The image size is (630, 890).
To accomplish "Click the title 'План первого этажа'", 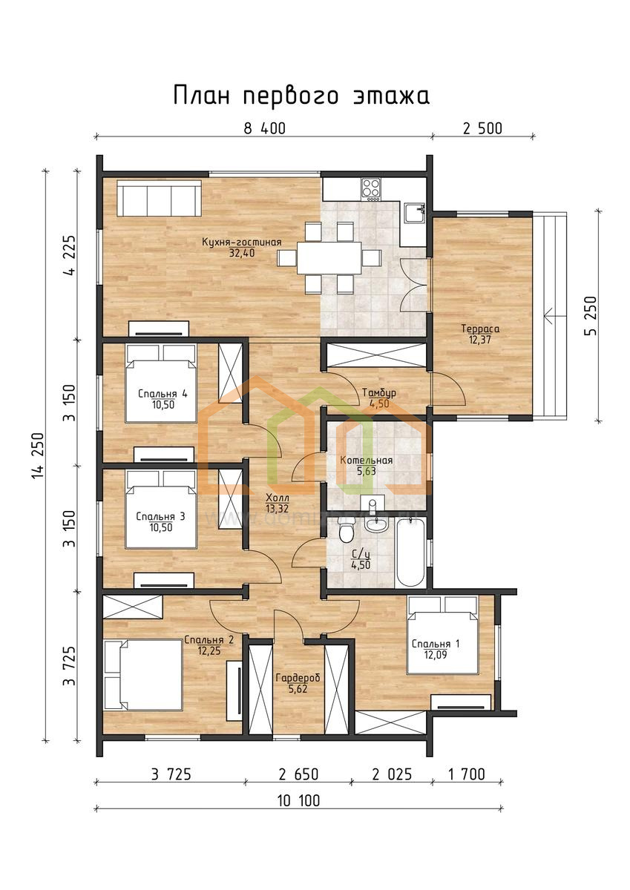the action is (x=301, y=96).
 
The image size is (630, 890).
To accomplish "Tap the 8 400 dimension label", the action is (x=264, y=129).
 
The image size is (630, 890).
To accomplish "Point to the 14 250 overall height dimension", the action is (x=38, y=455).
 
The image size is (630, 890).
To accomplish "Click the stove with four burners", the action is (x=371, y=188).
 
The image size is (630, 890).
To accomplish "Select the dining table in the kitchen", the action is (x=329, y=257).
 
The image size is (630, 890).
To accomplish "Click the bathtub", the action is (x=410, y=552).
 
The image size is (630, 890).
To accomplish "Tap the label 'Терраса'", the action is (x=480, y=329).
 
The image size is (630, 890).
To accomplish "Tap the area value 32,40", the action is (x=242, y=253).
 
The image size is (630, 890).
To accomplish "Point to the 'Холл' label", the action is (x=278, y=498).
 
